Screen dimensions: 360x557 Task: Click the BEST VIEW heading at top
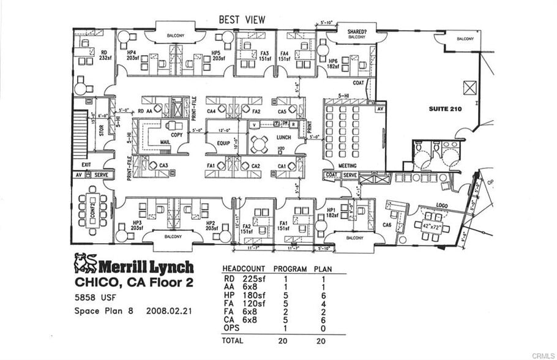[242, 20]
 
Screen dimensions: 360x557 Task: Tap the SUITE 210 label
[445, 109]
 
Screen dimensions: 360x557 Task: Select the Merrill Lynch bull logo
[86, 263]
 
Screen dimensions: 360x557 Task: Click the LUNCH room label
[283, 137]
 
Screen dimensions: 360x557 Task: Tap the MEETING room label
[348, 166]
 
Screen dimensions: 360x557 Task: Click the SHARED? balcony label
[356, 31]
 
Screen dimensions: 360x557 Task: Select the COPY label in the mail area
[177, 134]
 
